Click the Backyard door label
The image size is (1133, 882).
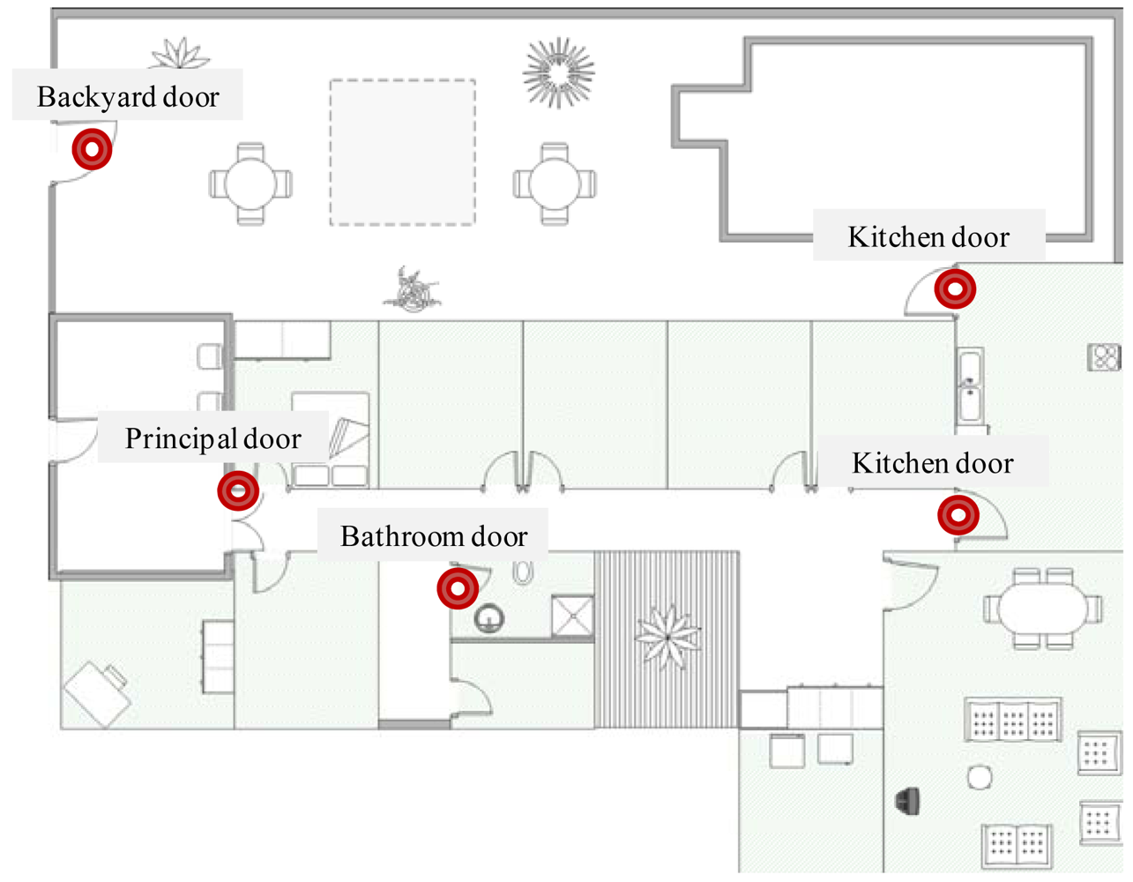pyautogui.click(x=128, y=96)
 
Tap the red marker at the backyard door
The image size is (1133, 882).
pyautogui.click(x=92, y=149)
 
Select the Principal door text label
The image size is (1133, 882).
pyautogui.click(x=212, y=438)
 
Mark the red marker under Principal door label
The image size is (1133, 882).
pyautogui.click(x=238, y=490)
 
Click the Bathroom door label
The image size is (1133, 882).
pyautogui.click(x=433, y=536)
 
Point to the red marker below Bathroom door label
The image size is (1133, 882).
pyautogui.click(x=458, y=588)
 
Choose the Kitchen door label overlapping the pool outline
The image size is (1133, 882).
pyautogui.click(x=928, y=236)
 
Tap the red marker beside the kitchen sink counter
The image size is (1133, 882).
pyautogui.click(x=956, y=288)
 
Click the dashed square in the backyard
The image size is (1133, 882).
pyautogui.click(x=403, y=152)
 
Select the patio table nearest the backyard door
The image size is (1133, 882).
pyautogui.click(x=250, y=183)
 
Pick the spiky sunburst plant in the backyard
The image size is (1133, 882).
pyautogui.click(x=558, y=72)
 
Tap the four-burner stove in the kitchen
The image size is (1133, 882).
pyautogui.click(x=1104, y=357)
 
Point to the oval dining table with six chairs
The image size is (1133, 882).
pyautogui.click(x=1042, y=609)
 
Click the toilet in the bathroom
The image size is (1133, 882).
pyautogui.click(x=523, y=572)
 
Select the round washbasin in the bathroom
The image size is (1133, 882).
pyautogui.click(x=489, y=617)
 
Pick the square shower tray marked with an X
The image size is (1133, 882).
pyautogui.click(x=572, y=616)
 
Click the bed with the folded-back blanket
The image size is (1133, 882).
pyautogui.click(x=331, y=438)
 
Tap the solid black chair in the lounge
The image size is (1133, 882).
pyautogui.click(x=909, y=801)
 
